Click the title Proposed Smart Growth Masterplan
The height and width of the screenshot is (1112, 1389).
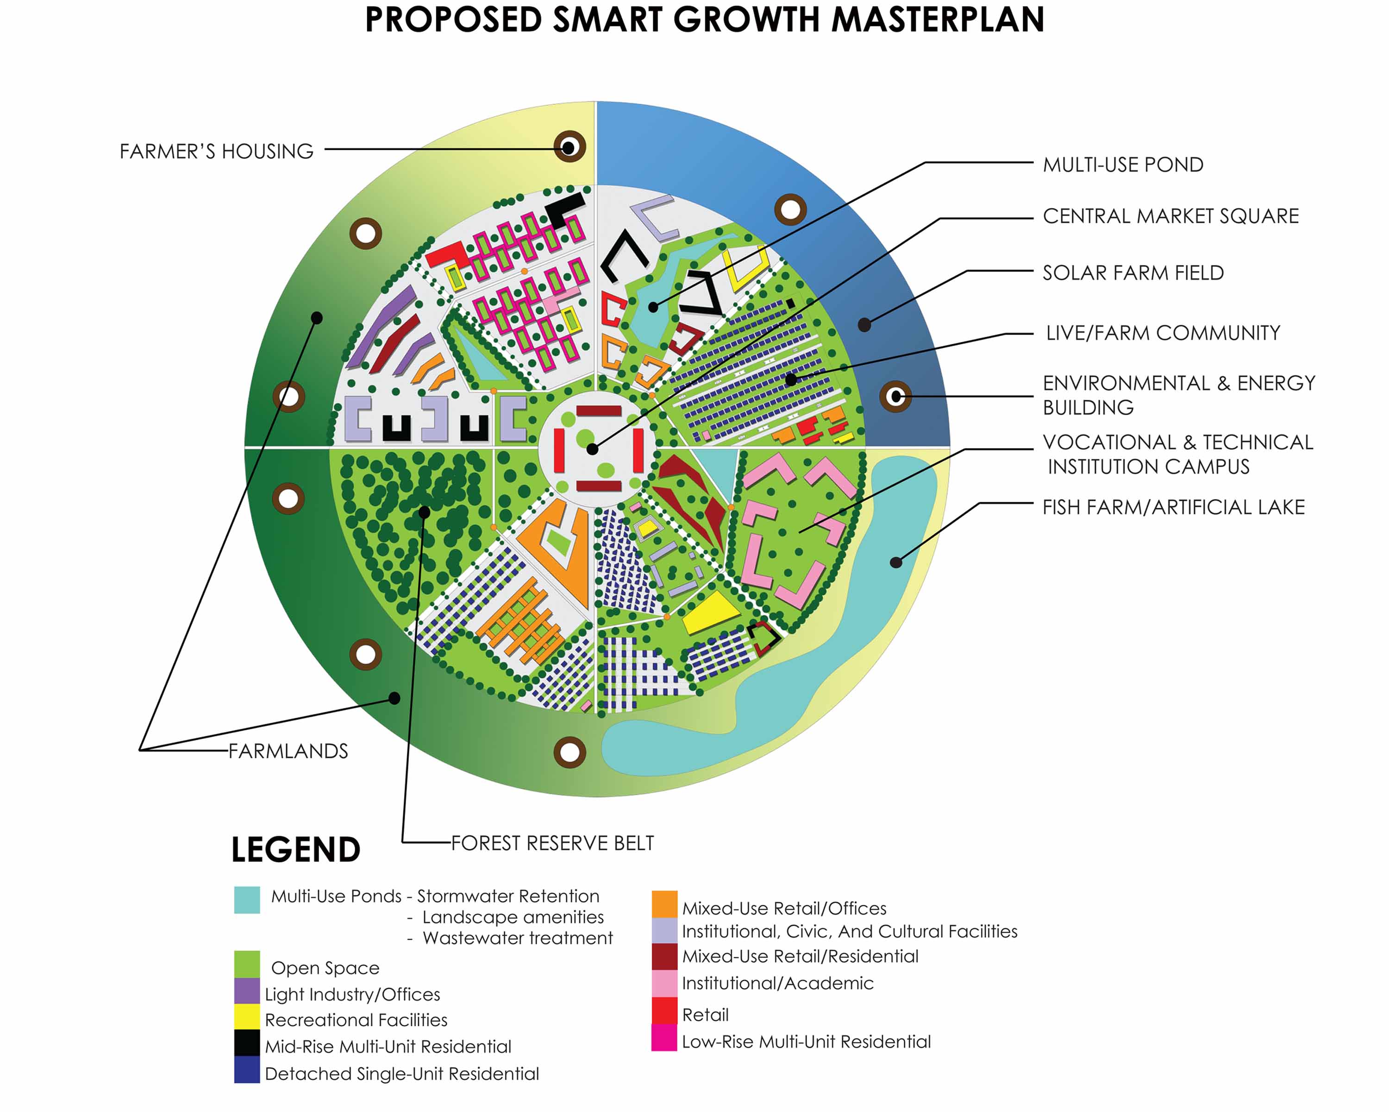click(x=704, y=19)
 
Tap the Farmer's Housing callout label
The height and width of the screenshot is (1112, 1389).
click(x=217, y=152)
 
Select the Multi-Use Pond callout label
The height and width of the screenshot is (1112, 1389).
click(x=1123, y=165)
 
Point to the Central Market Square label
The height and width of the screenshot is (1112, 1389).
click(x=1170, y=216)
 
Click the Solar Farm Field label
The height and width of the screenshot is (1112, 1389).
click(x=1133, y=273)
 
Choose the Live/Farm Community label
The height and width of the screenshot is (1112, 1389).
click(x=1163, y=333)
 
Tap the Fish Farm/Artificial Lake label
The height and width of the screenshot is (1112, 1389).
click(x=1174, y=507)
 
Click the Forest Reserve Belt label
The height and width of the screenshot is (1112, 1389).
click(x=552, y=843)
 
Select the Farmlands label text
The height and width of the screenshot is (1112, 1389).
click(x=288, y=751)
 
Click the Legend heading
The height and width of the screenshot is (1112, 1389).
click(x=296, y=850)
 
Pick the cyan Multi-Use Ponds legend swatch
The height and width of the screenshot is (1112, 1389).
click(x=247, y=900)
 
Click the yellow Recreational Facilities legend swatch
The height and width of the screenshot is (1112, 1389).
click(x=247, y=1017)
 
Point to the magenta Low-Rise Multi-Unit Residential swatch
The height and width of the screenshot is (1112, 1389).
click(x=664, y=1038)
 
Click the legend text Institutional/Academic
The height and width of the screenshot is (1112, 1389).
click(x=777, y=983)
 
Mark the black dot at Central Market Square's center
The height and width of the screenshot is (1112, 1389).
click(x=593, y=450)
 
